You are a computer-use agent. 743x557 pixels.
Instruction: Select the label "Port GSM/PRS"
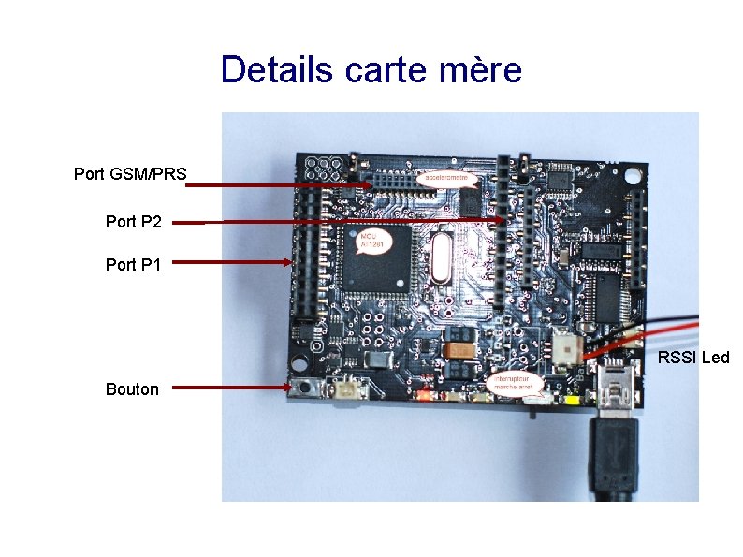point(130,174)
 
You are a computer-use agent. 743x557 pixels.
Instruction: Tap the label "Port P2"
point(134,222)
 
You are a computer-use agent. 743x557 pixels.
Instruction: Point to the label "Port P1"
point(134,265)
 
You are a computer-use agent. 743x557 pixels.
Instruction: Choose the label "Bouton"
point(132,389)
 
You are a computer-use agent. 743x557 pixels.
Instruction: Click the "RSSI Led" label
point(693,358)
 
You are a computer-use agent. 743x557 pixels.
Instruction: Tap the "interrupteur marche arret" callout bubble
point(512,381)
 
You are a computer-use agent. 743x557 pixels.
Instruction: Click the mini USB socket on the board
point(618,385)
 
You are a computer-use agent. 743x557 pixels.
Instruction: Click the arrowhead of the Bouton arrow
point(286,387)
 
